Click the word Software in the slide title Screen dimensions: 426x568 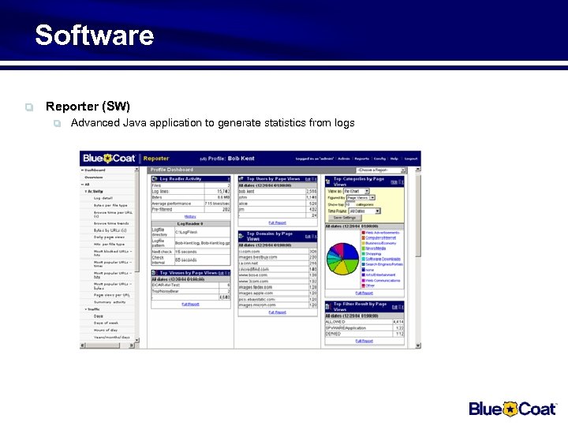[94, 35]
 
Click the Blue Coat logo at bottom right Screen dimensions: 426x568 [513, 408]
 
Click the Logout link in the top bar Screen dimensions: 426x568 [411, 159]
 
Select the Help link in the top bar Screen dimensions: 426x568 [394, 159]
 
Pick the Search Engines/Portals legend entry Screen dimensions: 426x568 [384, 264]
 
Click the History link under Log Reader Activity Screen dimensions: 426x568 [190, 215]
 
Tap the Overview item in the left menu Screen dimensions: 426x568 [94, 177]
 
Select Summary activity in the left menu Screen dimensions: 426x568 [110, 302]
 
